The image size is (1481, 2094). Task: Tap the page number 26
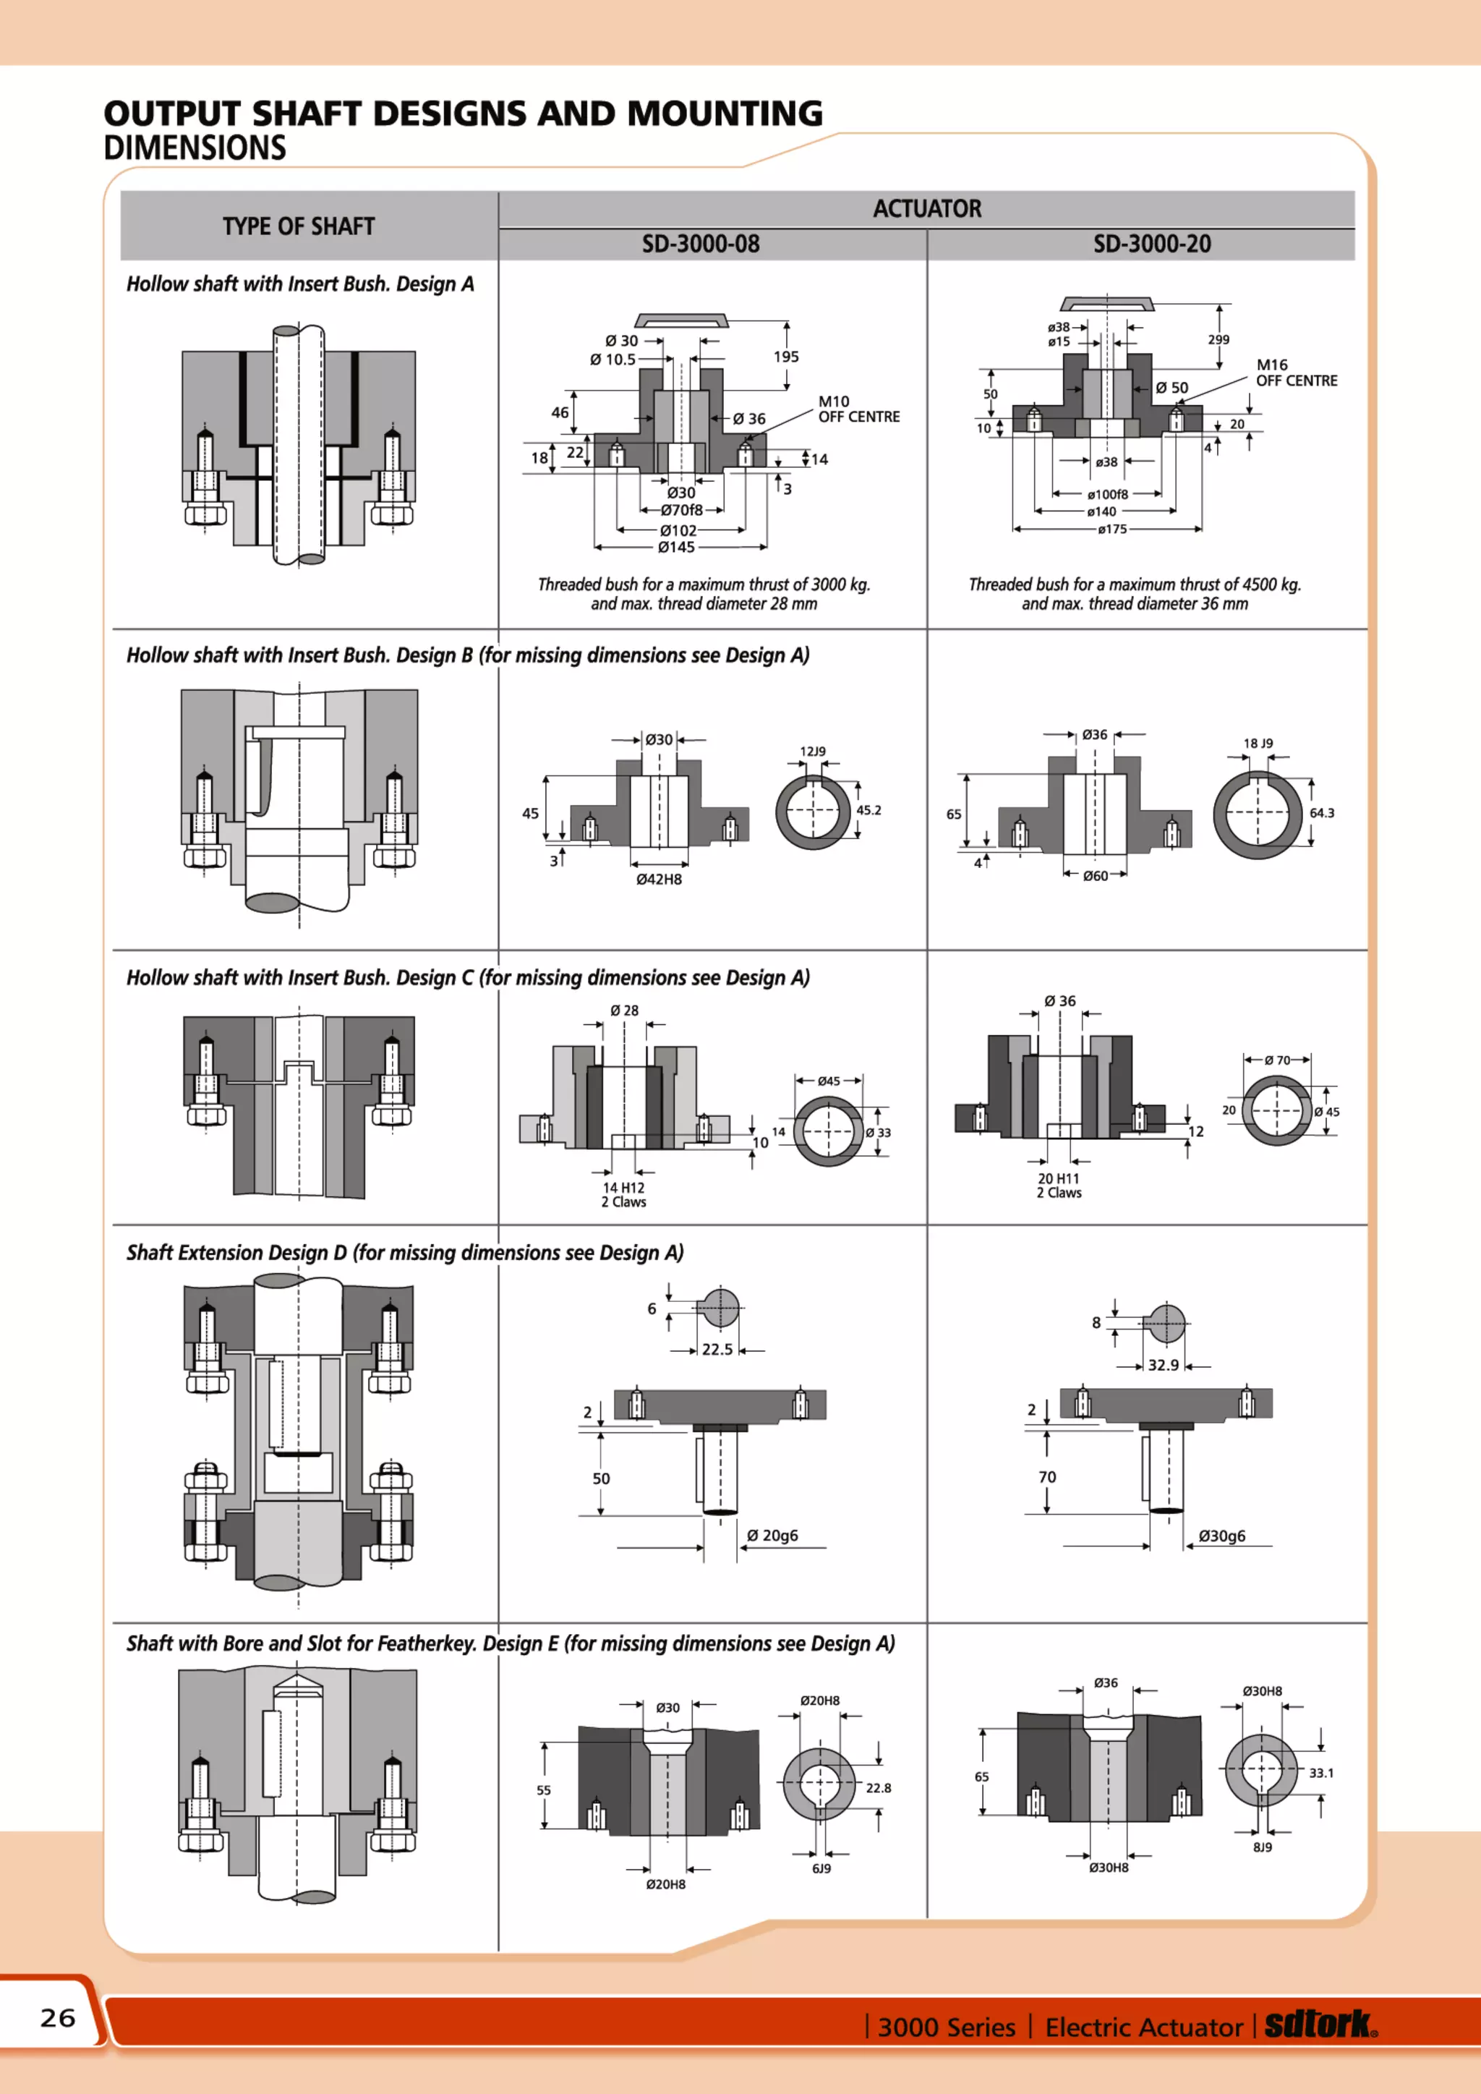click(x=57, y=2017)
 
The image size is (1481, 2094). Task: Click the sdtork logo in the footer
click(x=1320, y=2024)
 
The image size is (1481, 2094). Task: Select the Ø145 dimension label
click(x=677, y=548)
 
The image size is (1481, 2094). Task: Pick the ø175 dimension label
click(x=1111, y=529)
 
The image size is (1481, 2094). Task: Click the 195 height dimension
click(x=785, y=357)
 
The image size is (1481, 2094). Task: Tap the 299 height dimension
click(x=1218, y=339)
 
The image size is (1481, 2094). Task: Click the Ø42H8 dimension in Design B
click(x=659, y=879)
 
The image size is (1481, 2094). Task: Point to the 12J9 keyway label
click(x=813, y=752)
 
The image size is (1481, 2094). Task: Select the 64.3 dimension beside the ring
click(x=1321, y=812)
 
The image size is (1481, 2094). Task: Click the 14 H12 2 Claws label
click(x=624, y=1195)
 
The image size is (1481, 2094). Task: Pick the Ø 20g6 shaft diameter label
click(x=772, y=1536)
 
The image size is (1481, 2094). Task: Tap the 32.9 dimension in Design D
click(x=1163, y=1366)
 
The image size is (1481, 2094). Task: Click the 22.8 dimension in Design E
click(x=878, y=1787)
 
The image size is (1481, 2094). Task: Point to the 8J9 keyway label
click(x=1262, y=1847)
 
